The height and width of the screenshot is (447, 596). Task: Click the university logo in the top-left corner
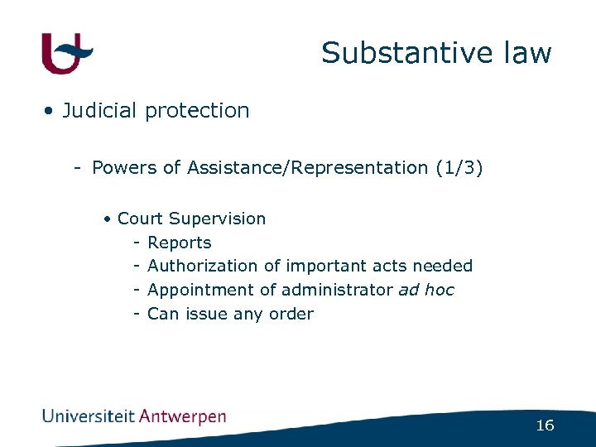tap(67, 53)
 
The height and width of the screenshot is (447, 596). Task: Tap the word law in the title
tap(525, 53)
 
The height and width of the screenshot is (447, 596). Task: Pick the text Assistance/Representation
tap(307, 167)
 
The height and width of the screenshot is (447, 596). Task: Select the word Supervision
tap(217, 219)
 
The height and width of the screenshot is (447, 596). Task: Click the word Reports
tap(179, 243)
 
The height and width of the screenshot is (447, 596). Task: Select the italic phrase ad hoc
tap(426, 290)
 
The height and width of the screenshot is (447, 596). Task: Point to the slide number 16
tap(545, 425)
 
